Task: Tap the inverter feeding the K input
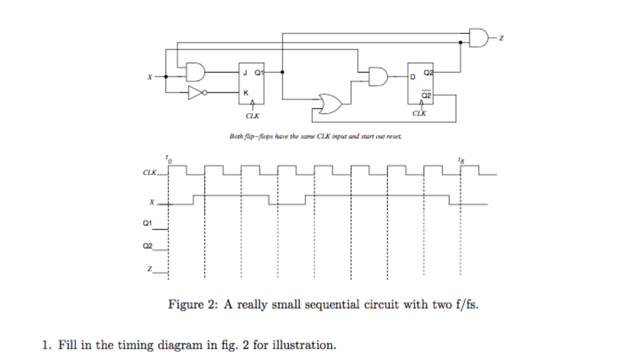click(196, 93)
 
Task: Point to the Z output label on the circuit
click(501, 39)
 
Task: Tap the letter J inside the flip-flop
click(245, 72)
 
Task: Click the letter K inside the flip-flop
click(245, 93)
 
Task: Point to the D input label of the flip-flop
click(414, 77)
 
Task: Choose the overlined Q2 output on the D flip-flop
click(427, 95)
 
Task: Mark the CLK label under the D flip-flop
click(419, 114)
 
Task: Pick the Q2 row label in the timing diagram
click(146, 246)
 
